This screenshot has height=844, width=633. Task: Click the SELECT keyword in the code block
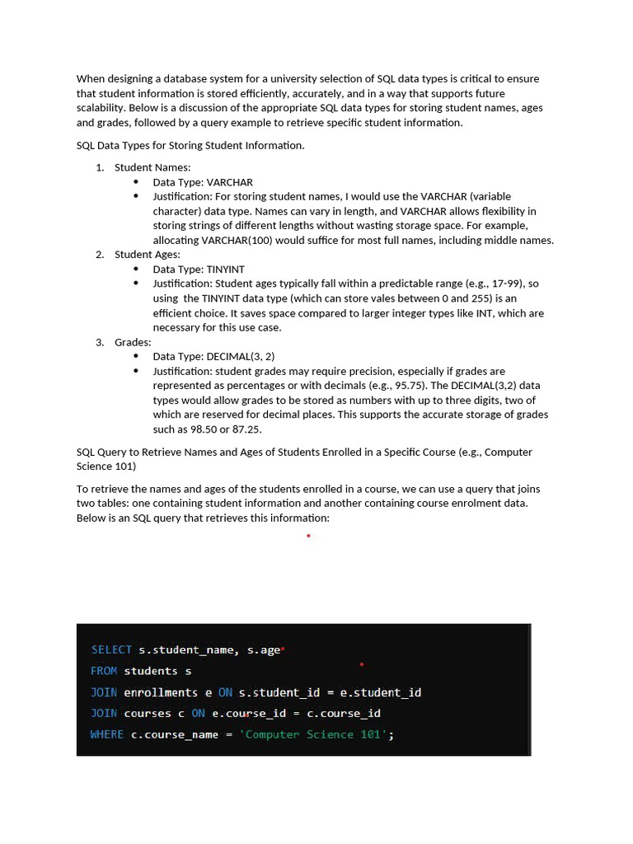click(111, 649)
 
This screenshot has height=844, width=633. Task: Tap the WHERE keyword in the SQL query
click(107, 734)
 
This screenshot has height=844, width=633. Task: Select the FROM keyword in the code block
click(104, 671)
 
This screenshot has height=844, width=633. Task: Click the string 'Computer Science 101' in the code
click(313, 734)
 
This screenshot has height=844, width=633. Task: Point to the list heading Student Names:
click(152, 167)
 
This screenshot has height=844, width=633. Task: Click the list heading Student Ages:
click(148, 255)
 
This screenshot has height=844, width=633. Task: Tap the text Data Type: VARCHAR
click(203, 182)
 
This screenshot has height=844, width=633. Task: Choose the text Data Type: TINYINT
click(199, 270)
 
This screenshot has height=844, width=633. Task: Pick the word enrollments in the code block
click(161, 692)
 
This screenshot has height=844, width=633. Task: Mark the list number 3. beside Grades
click(100, 342)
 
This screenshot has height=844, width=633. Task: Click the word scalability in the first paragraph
click(101, 108)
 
